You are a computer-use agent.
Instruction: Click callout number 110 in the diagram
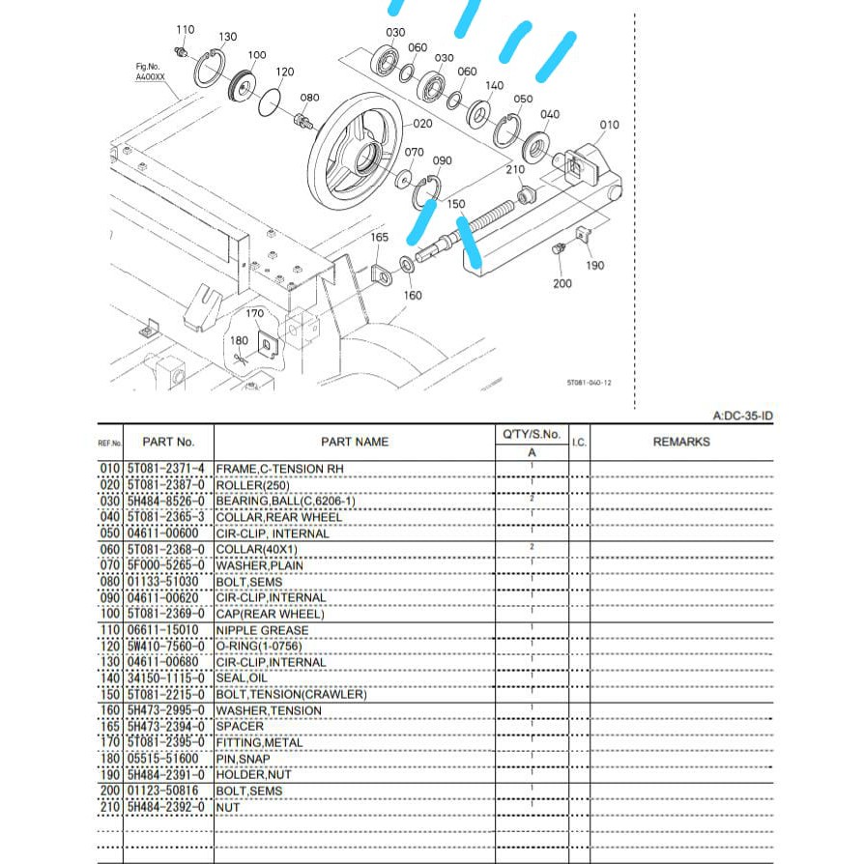click(x=186, y=30)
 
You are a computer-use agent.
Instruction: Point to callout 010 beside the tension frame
click(x=609, y=125)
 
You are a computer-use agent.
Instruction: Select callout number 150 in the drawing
click(x=456, y=205)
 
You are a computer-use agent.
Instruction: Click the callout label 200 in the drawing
click(x=562, y=283)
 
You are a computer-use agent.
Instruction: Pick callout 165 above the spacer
click(x=380, y=237)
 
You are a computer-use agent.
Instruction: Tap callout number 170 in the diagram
click(x=254, y=314)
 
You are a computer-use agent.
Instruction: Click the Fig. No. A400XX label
click(x=152, y=71)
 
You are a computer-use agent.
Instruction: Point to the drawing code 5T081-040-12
click(x=589, y=382)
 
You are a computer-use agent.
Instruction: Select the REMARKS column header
click(x=680, y=442)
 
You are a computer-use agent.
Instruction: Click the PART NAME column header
click(x=354, y=442)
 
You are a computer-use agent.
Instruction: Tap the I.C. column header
click(x=579, y=442)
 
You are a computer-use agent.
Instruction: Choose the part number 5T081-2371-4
click(x=166, y=469)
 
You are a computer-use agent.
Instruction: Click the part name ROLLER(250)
click(x=252, y=484)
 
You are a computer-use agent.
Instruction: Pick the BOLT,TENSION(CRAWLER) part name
click(x=291, y=695)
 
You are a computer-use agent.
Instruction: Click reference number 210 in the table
click(x=110, y=807)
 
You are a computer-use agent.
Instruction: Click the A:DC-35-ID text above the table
click(x=742, y=417)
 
